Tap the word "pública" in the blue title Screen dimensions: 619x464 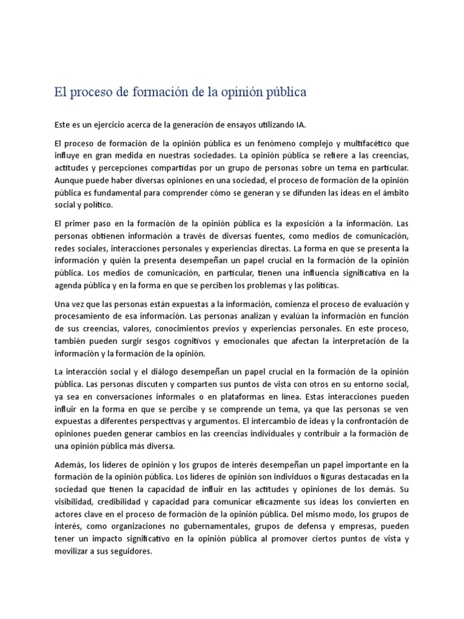pos(283,92)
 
